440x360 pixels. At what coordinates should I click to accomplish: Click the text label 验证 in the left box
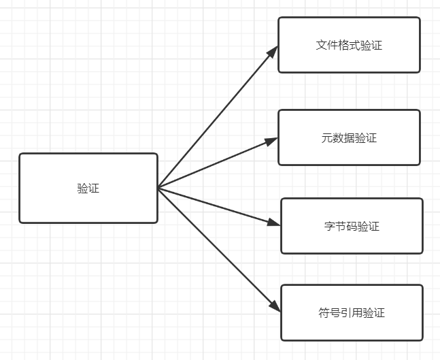(x=88, y=189)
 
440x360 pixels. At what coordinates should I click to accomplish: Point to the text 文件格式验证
(x=349, y=46)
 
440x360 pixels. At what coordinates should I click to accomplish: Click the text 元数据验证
(x=349, y=138)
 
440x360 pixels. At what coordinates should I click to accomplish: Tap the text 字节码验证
(x=352, y=226)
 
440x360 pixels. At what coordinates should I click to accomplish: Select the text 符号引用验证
(x=352, y=313)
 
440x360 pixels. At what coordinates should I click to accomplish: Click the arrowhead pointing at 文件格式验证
(x=273, y=50)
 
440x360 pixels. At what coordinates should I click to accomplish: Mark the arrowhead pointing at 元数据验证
(x=271, y=141)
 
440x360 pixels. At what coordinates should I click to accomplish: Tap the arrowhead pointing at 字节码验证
(x=273, y=223)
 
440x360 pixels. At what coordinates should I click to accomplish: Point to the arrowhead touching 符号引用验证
(x=275, y=306)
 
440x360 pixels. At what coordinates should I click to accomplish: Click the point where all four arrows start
(x=158, y=188)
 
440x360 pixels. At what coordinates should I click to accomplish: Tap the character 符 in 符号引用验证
(x=324, y=313)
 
